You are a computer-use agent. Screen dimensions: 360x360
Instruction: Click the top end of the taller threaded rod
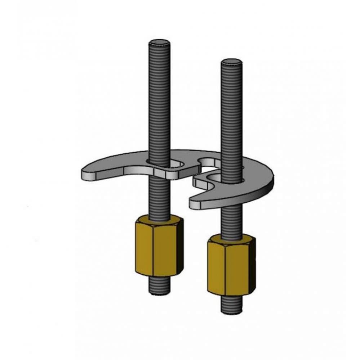click(159, 42)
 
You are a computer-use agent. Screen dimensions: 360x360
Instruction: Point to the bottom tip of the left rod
click(159, 292)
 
